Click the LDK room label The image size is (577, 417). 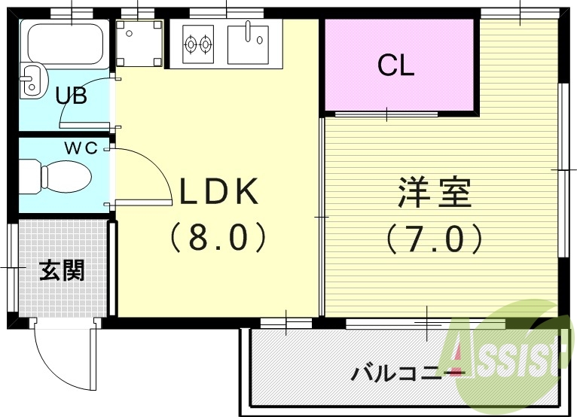[218, 192]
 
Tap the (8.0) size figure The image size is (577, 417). [218, 239]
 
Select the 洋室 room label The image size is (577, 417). [435, 193]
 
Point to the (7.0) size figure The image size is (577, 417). [435, 239]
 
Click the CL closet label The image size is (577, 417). [396, 67]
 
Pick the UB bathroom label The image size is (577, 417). [72, 96]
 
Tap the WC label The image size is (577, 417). [80, 148]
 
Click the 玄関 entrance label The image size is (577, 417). [62, 269]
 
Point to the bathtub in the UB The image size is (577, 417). [65, 44]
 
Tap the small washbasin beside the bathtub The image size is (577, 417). [31, 81]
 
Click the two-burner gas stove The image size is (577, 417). [198, 44]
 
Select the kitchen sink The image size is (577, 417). [248, 41]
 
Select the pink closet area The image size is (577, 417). [399, 68]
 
